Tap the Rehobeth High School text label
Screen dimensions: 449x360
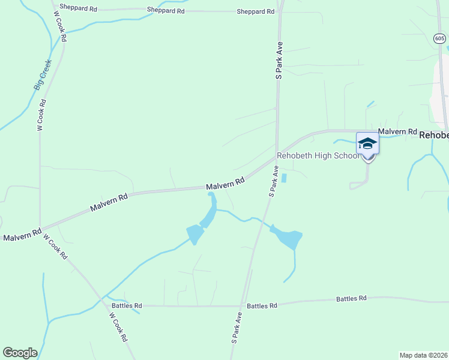[318, 155]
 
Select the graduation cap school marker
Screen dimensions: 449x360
[367, 145]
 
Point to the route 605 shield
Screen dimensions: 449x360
[440, 38]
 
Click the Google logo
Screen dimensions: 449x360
[20, 352]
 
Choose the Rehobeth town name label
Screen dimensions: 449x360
[433, 136]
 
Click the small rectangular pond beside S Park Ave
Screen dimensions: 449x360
[285, 178]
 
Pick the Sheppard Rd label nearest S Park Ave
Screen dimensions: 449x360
[256, 11]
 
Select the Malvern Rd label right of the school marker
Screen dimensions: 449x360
[397, 131]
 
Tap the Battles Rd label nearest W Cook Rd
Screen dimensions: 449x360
[126, 305]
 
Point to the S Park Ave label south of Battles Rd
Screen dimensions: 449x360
[237, 328]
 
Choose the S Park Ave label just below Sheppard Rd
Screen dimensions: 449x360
[279, 61]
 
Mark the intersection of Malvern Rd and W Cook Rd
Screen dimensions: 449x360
[40, 229]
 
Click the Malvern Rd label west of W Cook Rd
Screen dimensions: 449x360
[22, 235]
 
